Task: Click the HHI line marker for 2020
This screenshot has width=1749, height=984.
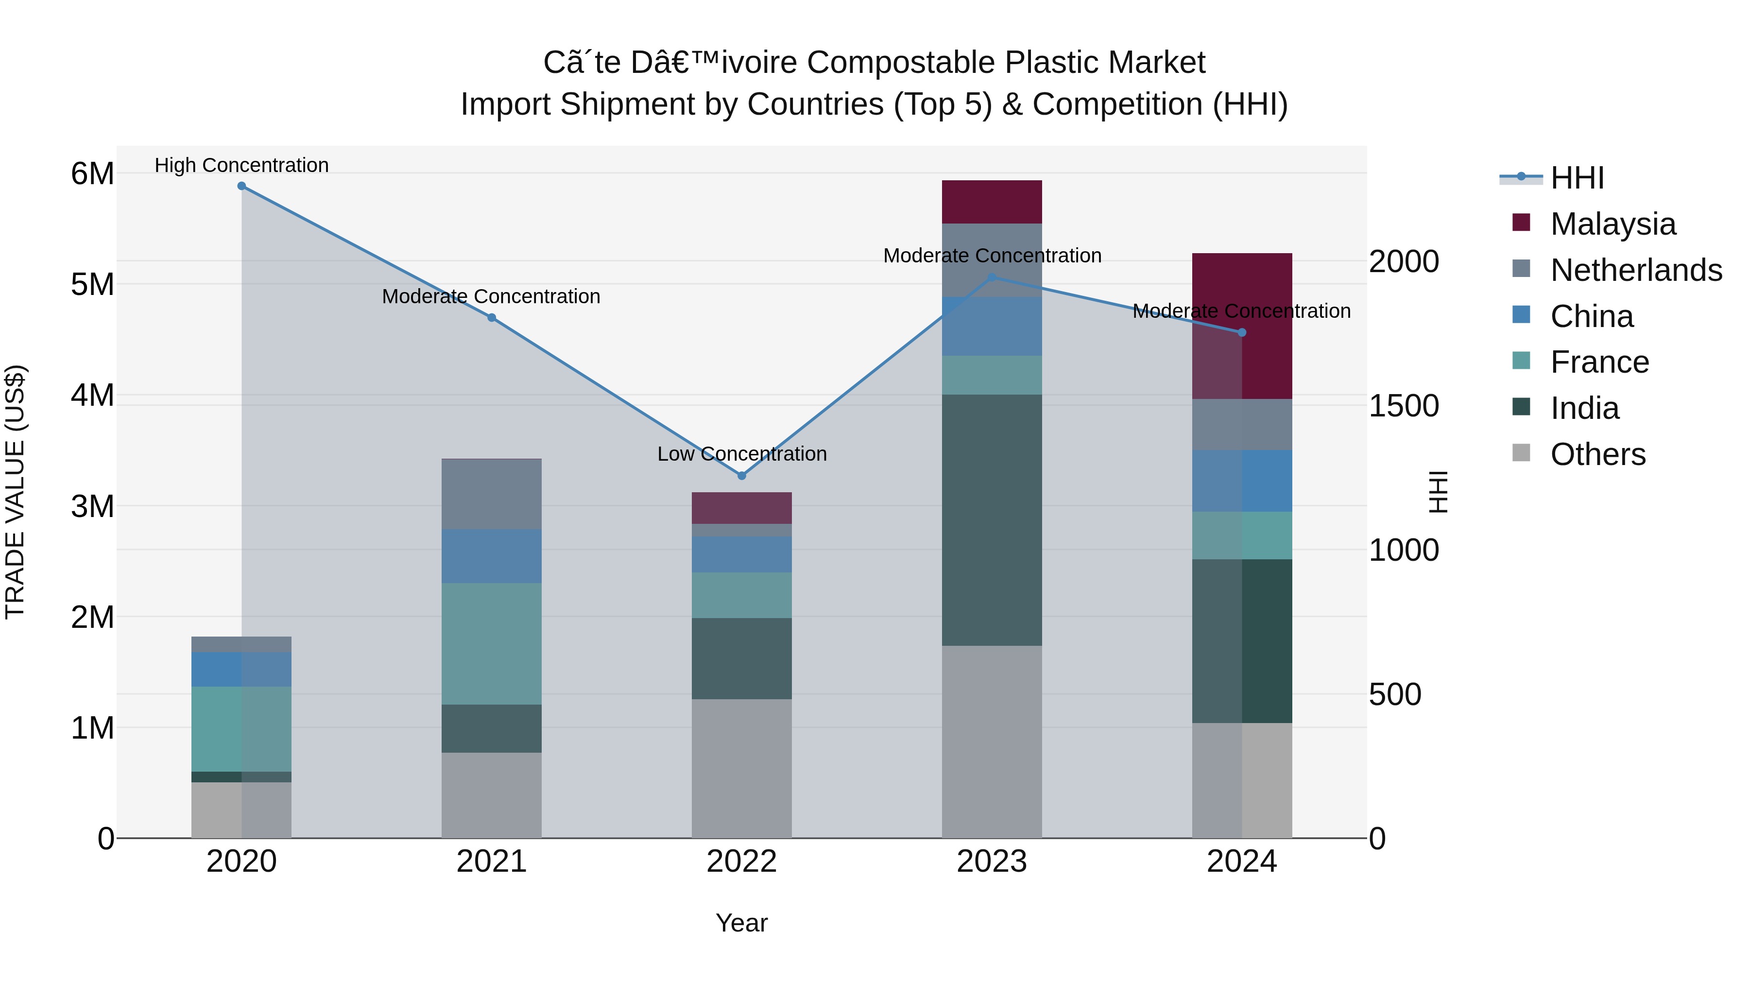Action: point(242,186)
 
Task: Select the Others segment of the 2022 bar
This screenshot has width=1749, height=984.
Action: point(741,768)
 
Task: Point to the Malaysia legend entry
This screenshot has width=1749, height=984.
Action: point(1612,224)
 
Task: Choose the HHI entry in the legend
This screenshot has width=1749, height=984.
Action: point(1577,178)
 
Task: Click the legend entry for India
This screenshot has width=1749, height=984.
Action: point(1584,408)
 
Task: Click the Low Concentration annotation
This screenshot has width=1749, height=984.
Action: point(741,454)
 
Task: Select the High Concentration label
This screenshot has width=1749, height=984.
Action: point(242,165)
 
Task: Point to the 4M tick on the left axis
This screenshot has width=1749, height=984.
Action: point(92,395)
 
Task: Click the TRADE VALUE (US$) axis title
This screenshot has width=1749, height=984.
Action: point(15,492)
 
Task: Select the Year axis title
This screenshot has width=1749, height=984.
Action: point(741,923)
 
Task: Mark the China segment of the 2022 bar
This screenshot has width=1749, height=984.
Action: point(741,555)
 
